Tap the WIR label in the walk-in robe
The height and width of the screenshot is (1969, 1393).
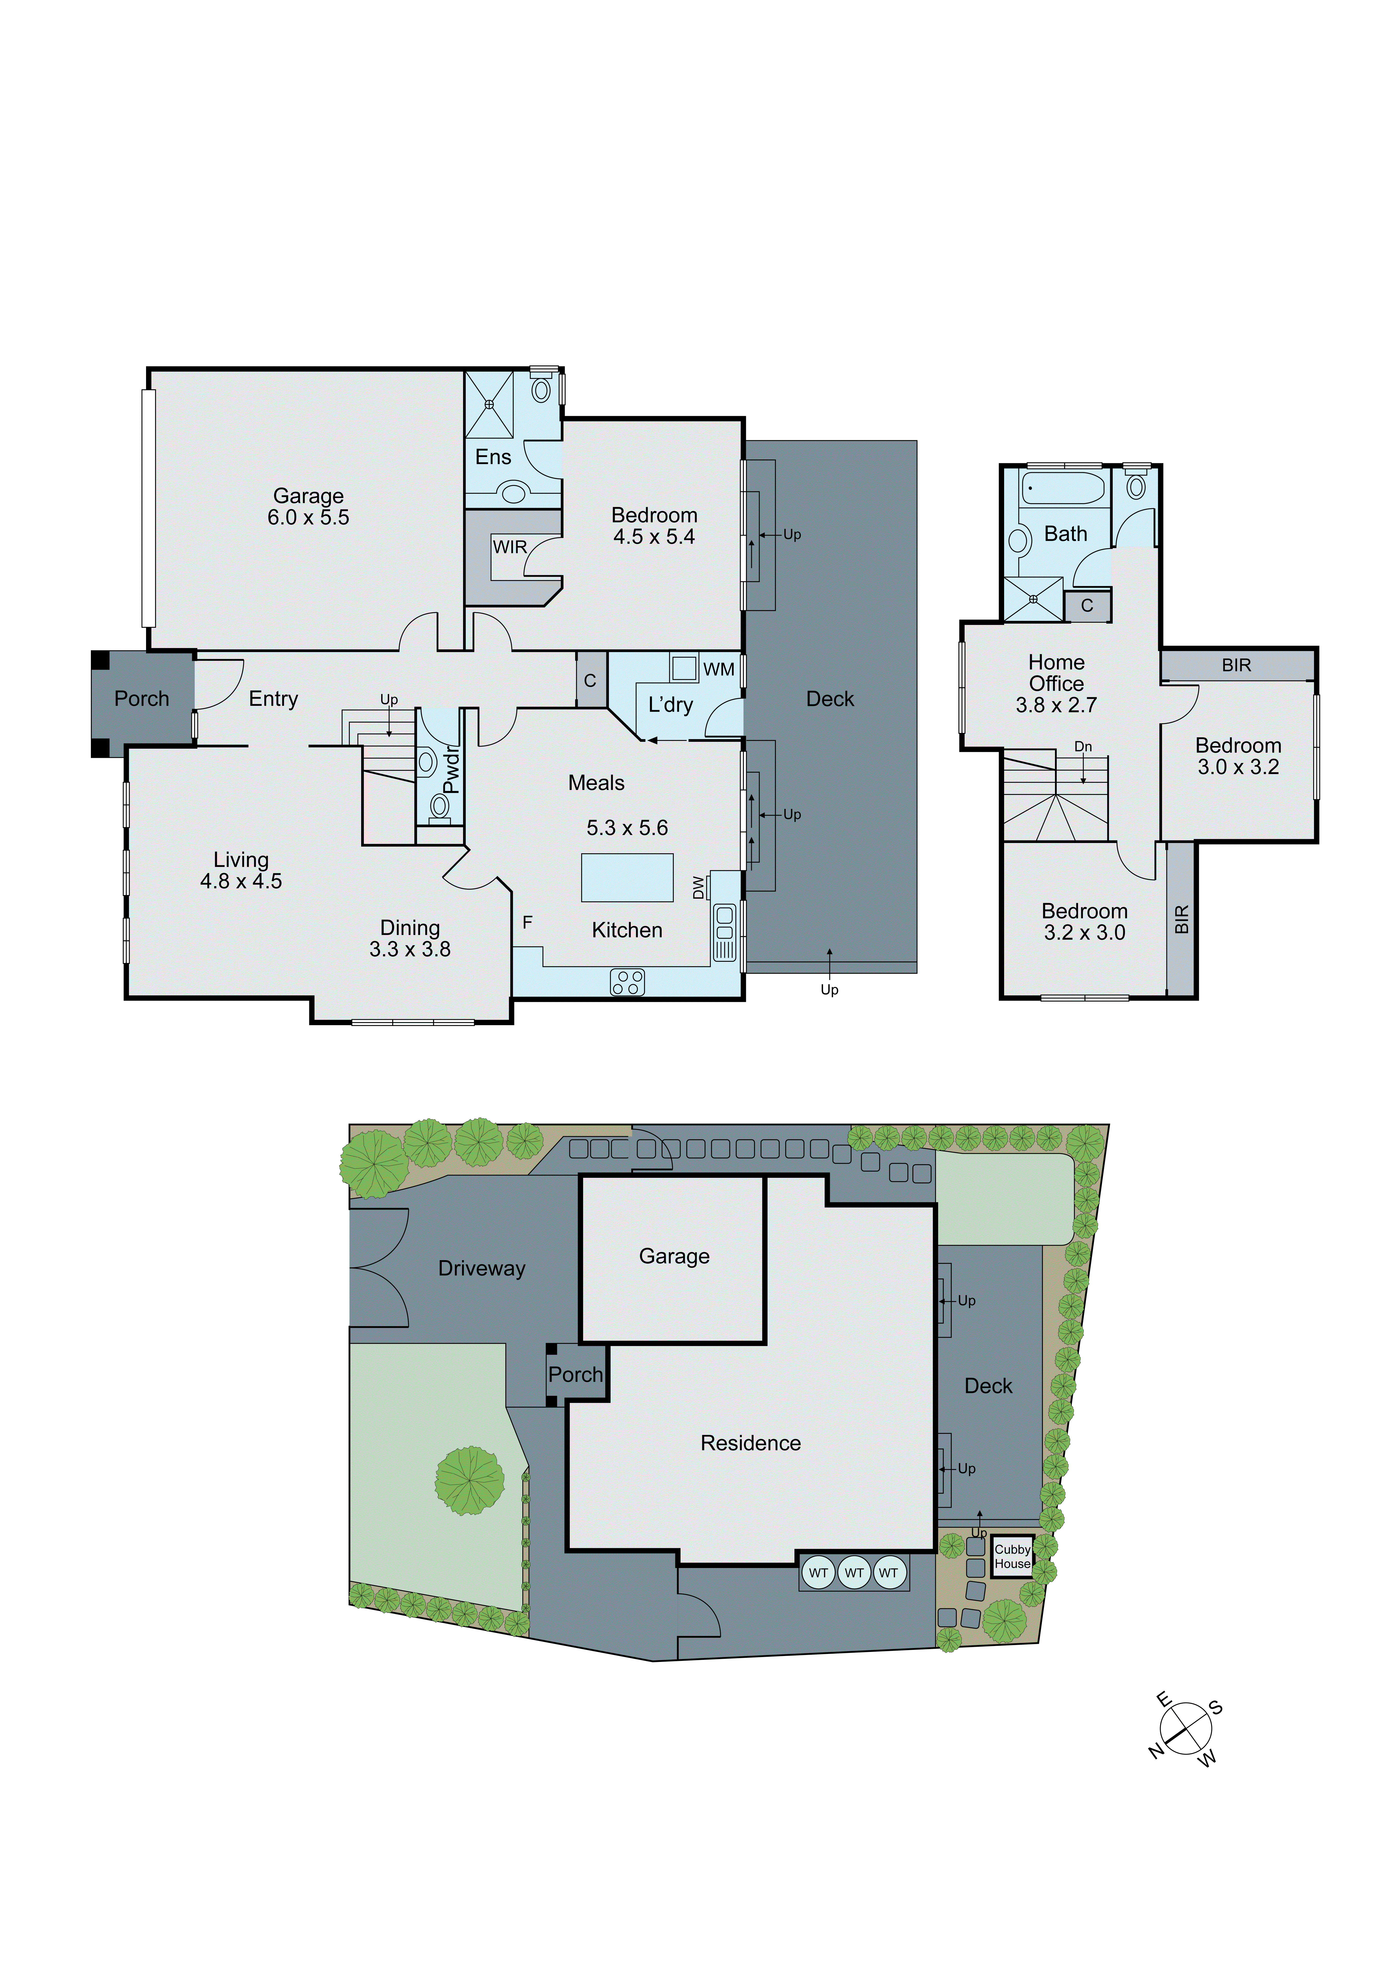pos(510,547)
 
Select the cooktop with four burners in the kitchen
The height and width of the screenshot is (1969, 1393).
pos(627,982)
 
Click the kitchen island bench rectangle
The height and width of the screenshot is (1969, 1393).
pos(627,877)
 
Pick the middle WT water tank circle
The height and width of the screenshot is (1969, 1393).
pos(853,1573)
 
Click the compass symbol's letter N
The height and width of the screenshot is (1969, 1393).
pos(1156,1750)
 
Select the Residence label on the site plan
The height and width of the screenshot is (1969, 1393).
pos(751,1443)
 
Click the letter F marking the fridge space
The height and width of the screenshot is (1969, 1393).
pos(527,923)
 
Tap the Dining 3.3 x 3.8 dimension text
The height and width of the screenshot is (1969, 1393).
pos(410,949)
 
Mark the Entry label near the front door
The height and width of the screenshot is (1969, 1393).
pos(274,699)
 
